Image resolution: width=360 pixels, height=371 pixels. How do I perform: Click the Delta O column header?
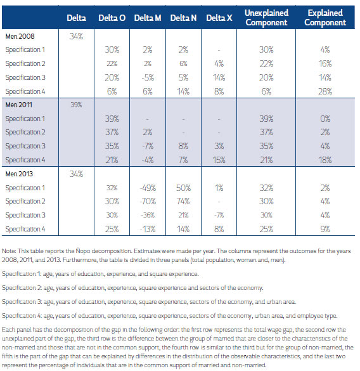112,18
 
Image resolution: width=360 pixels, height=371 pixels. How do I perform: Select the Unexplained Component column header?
266,18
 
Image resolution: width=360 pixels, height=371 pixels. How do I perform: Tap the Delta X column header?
219,18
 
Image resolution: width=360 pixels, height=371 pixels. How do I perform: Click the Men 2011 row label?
18,105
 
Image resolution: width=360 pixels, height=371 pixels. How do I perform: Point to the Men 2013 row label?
19,174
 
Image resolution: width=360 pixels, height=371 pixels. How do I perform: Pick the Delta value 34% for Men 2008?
76,36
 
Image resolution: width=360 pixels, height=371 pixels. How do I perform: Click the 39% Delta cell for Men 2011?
76,105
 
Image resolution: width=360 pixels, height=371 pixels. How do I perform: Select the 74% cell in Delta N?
183,201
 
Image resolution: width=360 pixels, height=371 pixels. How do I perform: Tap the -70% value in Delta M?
148,201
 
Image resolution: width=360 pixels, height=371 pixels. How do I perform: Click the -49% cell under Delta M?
148,188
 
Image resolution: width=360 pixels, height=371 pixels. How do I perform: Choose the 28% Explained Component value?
325,91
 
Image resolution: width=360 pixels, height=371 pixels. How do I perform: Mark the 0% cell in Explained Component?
325,119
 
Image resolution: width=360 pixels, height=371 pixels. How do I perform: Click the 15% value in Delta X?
219,160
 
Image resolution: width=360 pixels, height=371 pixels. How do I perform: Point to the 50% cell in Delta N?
183,188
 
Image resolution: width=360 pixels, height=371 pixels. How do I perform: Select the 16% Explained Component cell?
325,63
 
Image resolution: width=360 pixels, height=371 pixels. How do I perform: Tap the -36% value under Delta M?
148,215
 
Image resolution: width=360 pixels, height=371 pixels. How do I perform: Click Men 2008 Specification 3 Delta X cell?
219,77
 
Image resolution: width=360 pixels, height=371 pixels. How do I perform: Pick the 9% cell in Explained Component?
325,229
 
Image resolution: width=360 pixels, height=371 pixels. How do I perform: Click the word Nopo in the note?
83,251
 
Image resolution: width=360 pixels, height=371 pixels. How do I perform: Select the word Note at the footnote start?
9,251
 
